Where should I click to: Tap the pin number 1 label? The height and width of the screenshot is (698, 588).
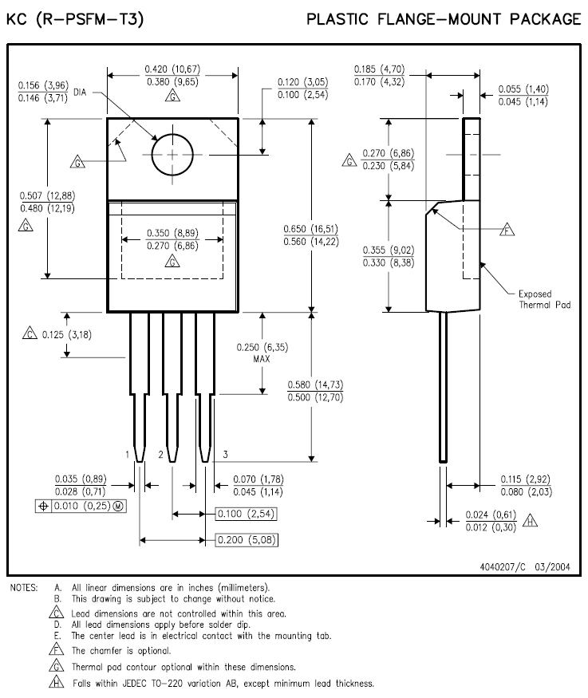(x=128, y=455)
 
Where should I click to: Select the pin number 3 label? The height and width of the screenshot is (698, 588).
(x=225, y=455)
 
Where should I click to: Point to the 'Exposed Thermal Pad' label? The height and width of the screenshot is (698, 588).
(x=544, y=299)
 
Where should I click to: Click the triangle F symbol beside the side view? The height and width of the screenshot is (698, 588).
(x=507, y=229)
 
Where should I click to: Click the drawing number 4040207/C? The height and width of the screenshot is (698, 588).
(x=503, y=566)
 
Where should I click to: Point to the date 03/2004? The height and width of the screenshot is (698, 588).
(x=552, y=566)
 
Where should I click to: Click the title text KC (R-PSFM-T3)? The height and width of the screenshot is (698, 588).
(x=75, y=19)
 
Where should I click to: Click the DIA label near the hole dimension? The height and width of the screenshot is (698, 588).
(x=80, y=93)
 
